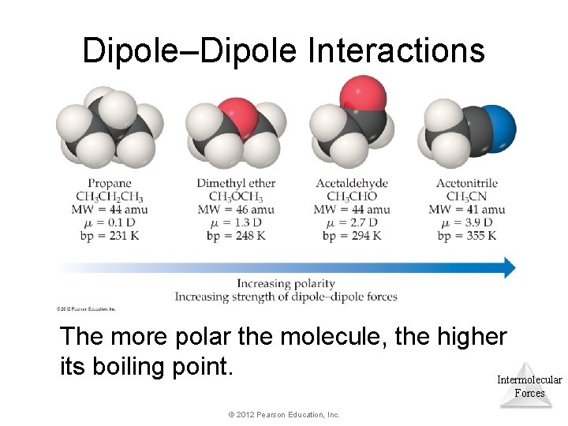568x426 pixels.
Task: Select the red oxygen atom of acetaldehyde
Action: pyautogui.click(x=363, y=95)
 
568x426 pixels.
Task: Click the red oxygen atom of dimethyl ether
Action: pyautogui.click(x=236, y=116)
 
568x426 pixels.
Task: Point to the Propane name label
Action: pyautogui.click(x=104, y=184)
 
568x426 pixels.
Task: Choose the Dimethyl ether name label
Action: pyautogui.click(x=236, y=184)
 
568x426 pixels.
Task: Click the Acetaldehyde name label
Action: pyautogui.click(x=352, y=184)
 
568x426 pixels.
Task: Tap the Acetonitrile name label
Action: pyautogui.click(x=467, y=184)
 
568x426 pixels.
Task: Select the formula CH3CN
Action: pyautogui.click(x=467, y=196)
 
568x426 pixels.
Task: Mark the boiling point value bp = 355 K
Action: pyautogui.click(x=467, y=236)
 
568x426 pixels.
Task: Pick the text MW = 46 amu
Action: pyautogui.click(x=236, y=210)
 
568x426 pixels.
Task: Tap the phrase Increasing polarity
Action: pyautogui.click(x=286, y=284)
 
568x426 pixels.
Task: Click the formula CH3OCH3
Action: pyautogui.click(x=236, y=196)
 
